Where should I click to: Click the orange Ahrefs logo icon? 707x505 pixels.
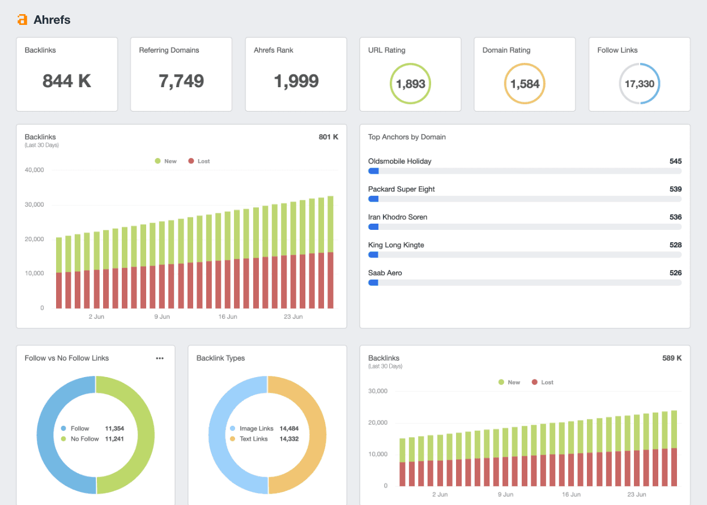[22, 20]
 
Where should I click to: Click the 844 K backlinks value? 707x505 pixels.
[67, 81]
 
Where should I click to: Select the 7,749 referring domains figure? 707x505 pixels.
[181, 81]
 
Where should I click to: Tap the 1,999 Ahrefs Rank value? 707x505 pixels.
[296, 81]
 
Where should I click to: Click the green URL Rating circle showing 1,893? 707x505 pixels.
[410, 84]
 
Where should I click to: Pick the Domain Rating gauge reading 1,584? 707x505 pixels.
[525, 84]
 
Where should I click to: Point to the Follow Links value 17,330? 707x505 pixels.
[639, 84]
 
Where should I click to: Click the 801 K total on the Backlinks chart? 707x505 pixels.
[328, 137]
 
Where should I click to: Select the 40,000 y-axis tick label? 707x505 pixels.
[34, 170]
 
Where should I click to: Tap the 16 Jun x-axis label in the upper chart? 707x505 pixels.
[228, 316]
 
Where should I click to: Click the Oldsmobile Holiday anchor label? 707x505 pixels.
[399, 161]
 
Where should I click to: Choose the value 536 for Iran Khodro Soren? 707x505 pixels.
[675, 217]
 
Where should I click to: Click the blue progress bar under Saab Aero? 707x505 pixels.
[373, 283]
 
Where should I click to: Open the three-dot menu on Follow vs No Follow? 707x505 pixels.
[160, 358]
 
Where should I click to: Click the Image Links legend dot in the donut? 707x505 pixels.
[233, 429]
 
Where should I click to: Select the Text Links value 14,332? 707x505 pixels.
[288, 439]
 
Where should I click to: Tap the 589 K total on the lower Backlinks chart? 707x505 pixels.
[671, 358]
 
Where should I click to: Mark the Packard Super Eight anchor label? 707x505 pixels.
[401, 189]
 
